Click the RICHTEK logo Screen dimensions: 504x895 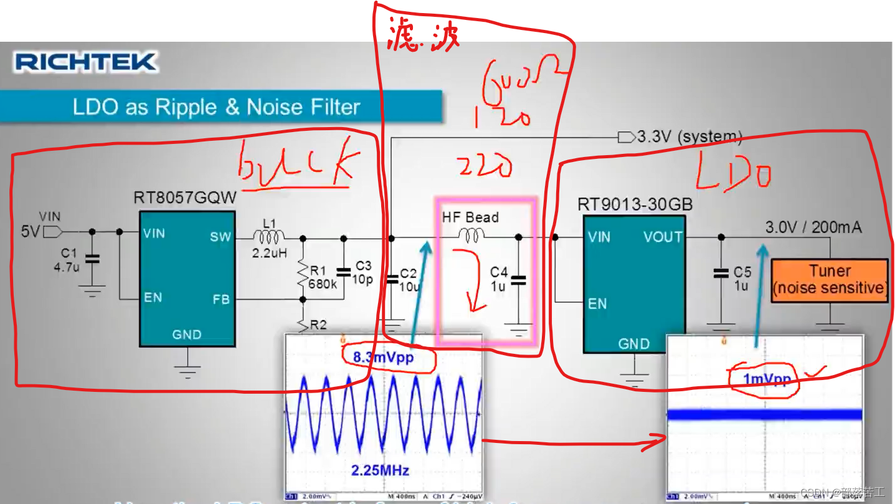(x=85, y=62)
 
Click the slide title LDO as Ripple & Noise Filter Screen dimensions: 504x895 (x=216, y=107)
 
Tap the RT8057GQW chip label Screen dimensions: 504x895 (x=185, y=197)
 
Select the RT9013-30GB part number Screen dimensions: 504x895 (x=635, y=204)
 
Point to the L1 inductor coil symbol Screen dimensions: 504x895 (x=269, y=236)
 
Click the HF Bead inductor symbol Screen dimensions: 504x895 (x=471, y=235)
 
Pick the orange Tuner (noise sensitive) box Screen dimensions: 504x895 (x=830, y=280)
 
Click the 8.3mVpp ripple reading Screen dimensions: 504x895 (x=383, y=357)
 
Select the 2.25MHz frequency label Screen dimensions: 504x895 (x=380, y=470)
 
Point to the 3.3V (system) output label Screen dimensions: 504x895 (x=689, y=136)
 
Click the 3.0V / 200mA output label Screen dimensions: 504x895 (x=813, y=227)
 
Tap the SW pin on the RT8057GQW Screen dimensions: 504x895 (x=220, y=237)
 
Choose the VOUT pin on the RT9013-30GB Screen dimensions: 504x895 (x=663, y=237)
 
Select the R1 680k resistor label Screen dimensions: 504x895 (x=323, y=277)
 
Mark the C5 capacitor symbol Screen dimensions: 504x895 (x=721, y=273)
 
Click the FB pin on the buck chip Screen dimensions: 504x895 (x=220, y=299)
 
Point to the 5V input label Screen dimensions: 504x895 (x=30, y=232)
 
